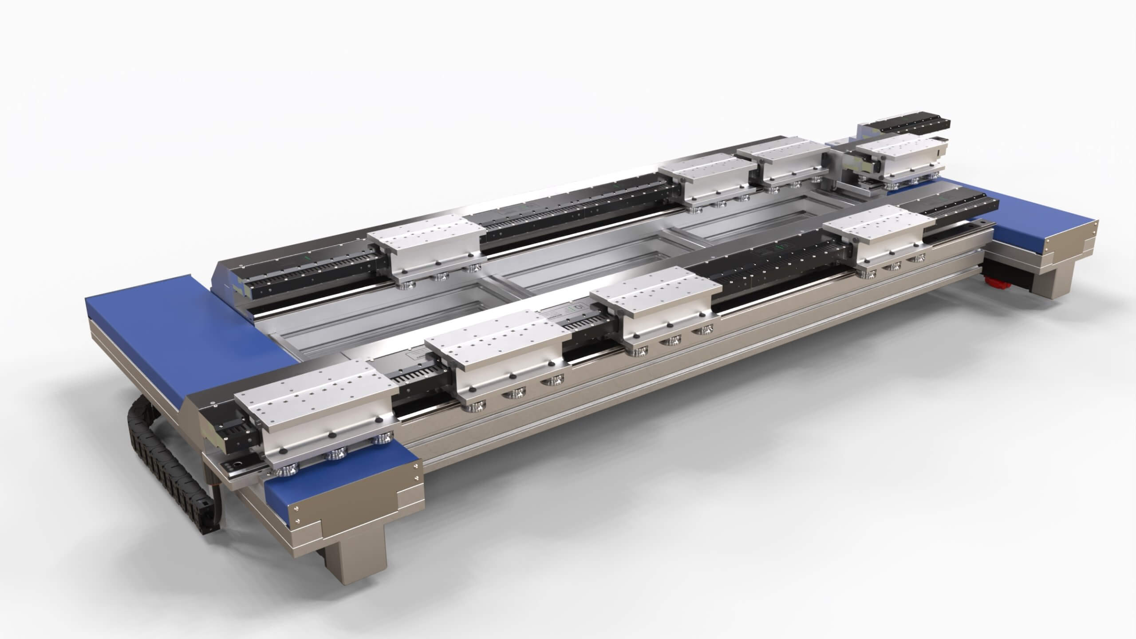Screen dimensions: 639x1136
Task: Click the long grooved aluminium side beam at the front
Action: pyautogui.click(x=666, y=382)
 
